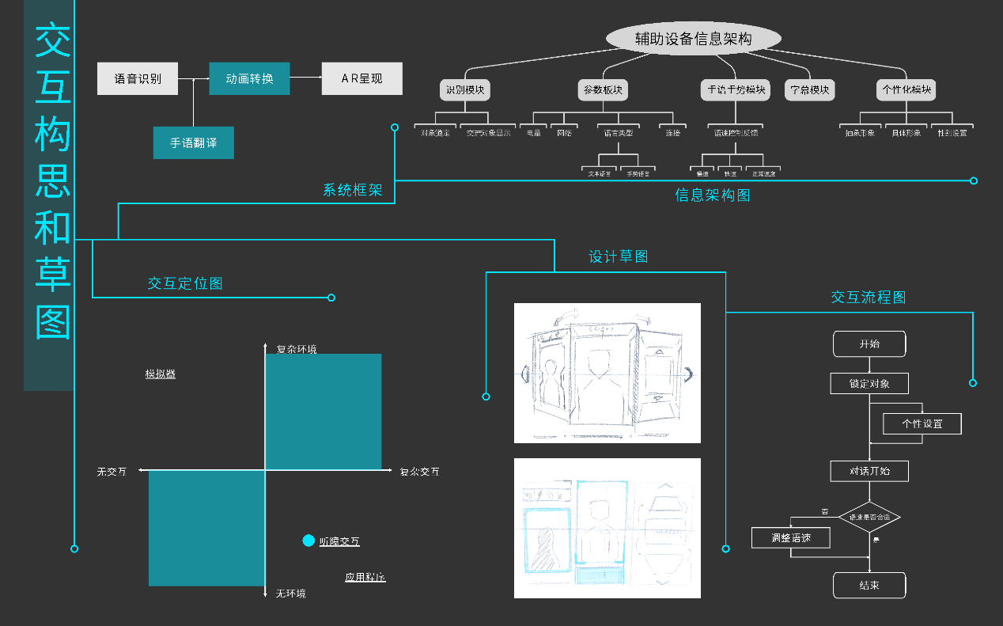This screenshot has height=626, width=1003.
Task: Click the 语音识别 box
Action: (x=138, y=78)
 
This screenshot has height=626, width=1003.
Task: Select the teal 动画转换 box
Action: (x=249, y=78)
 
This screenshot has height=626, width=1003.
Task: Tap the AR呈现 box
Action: (x=361, y=78)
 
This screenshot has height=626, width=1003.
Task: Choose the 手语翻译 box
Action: (x=193, y=143)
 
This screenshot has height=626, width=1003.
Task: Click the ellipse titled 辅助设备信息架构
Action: (x=693, y=39)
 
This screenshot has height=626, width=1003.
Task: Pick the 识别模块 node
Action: (x=465, y=90)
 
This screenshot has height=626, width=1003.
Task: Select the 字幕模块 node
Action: (x=810, y=90)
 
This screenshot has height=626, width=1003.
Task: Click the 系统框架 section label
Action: (x=353, y=190)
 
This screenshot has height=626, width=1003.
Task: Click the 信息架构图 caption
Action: (x=713, y=195)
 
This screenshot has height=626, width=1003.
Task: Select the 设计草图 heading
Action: (x=619, y=256)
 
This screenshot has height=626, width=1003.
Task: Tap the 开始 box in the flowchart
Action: (x=869, y=344)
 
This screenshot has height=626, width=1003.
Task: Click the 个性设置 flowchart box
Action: (x=922, y=423)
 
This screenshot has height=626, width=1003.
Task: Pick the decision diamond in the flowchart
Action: (x=869, y=517)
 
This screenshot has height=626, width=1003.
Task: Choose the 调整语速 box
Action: (x=791, y=538)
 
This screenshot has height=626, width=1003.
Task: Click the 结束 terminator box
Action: (x=869, y=586)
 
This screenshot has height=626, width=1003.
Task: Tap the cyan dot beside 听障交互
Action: (x=308, y=541)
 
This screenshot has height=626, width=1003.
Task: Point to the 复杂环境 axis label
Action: (x=297, y=349)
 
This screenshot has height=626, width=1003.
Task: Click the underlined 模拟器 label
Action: (x=160, y=374)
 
